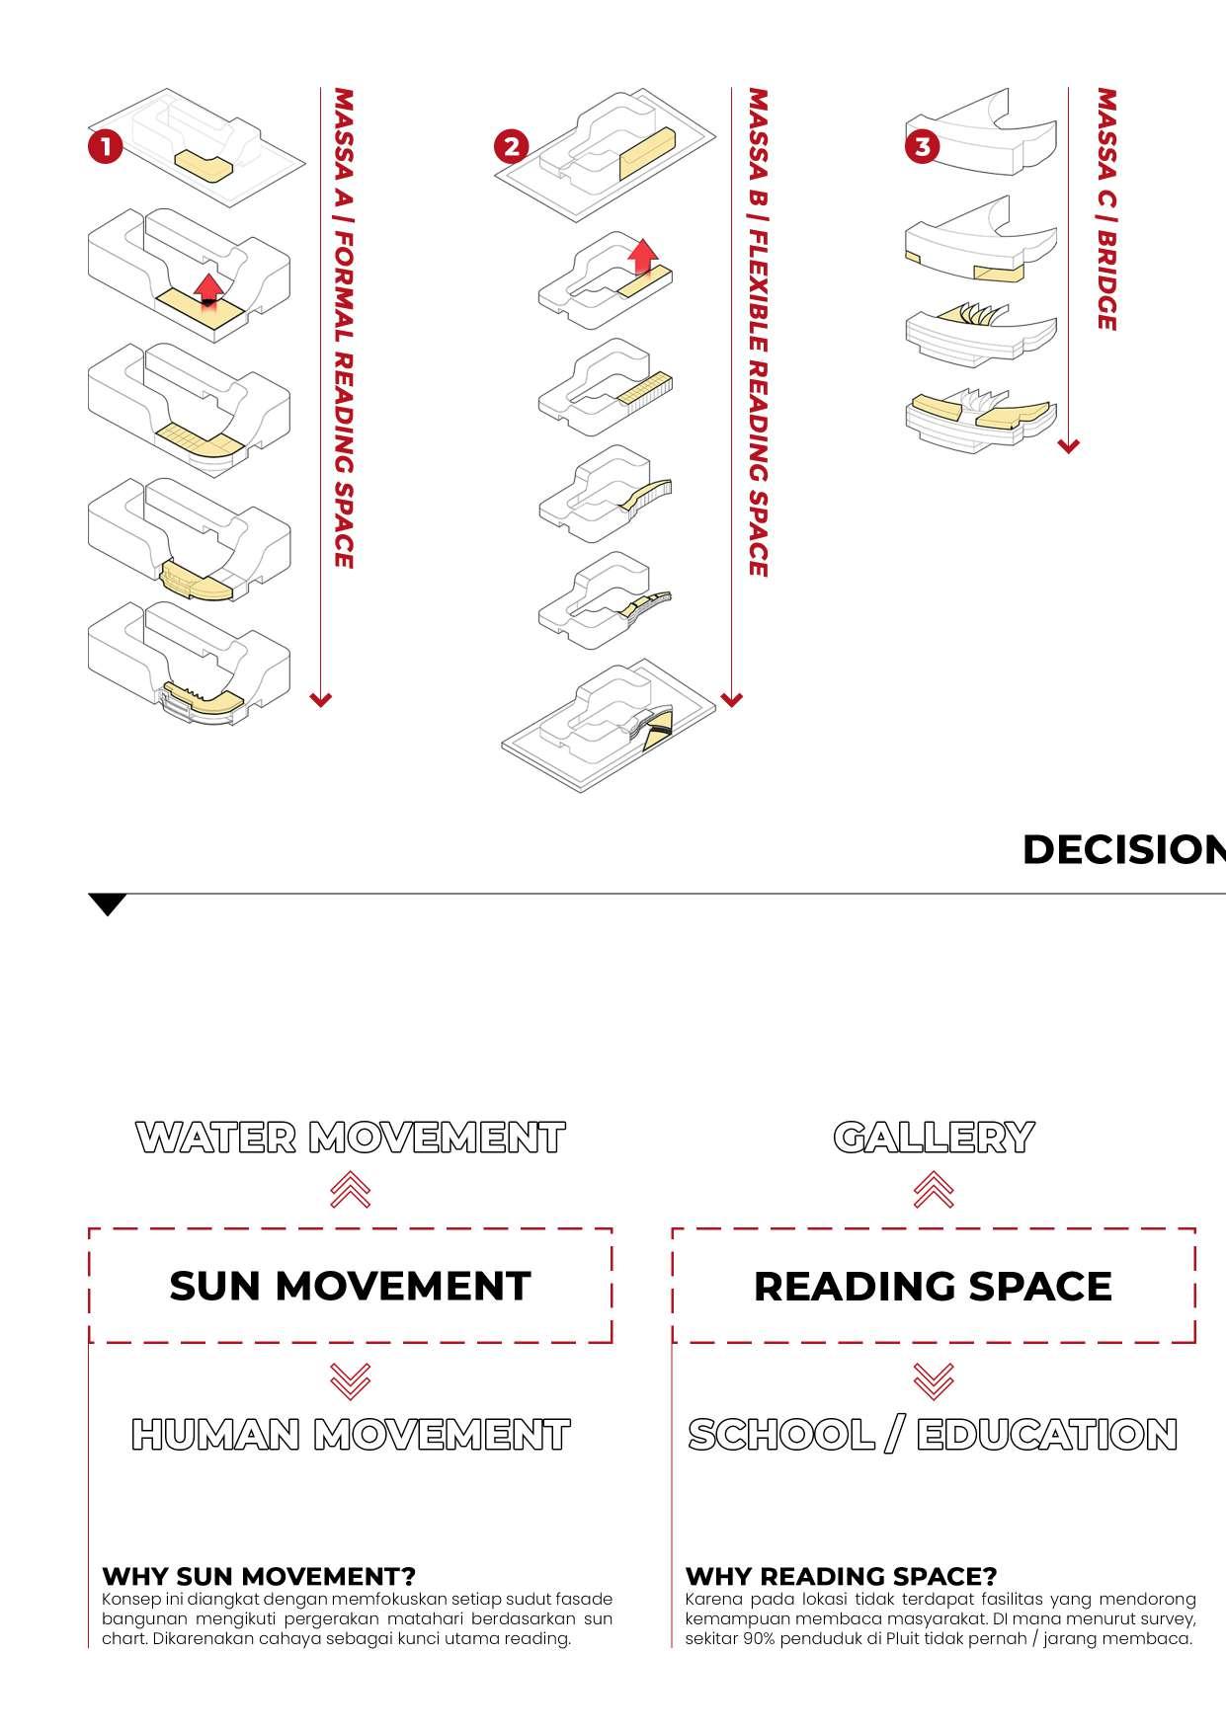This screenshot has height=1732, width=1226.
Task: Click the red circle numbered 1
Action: (x=105, y=148)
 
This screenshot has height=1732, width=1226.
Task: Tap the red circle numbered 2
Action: (x=511, y=148)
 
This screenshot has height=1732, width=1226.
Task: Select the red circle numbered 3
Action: (x=922, y=147)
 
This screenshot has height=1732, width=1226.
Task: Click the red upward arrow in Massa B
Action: (x=643, y=254)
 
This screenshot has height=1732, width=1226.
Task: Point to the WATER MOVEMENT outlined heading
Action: (x=350, y=1138)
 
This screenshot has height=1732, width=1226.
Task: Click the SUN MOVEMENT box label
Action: (x=350, y=1286)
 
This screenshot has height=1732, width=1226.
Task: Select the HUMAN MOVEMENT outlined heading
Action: (x=350, y=1435)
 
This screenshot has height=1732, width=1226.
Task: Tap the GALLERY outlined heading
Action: (x=934, y=1138)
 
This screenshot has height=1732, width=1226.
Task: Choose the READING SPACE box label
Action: (x=934, y=1286)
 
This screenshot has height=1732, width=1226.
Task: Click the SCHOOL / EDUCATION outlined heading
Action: (x=934, y=1435)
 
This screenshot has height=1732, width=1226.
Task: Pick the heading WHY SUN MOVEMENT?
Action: (x=259, y=1575)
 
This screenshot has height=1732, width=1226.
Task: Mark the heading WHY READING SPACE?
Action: (x=841, y=1575)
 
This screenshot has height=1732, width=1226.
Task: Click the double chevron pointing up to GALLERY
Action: (x=934, y=1190)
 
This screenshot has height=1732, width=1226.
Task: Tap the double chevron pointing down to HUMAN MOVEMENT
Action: (x=351, y=1380)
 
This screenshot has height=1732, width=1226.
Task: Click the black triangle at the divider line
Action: (x=108, y=904)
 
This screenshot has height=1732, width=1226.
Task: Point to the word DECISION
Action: (x=1123, y=850)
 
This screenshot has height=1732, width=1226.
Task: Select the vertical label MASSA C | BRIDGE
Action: (x=1106, y=209)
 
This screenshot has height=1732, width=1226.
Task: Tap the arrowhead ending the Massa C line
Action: (x=1068, y=446)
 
